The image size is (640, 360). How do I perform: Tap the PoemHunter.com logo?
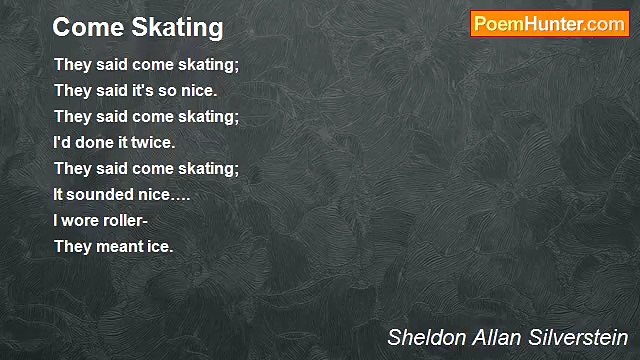point(549,25)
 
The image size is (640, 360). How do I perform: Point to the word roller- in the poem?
point(128,220)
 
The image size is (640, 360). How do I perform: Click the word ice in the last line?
point(160,246)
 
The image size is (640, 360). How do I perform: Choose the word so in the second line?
point(171,90)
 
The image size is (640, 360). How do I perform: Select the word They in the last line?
point(72,246)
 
